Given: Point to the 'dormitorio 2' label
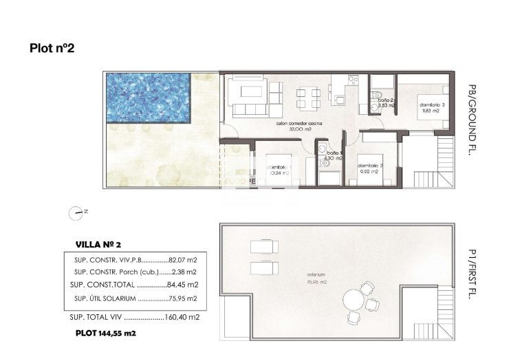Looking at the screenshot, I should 370,165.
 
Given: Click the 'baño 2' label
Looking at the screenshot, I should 385,100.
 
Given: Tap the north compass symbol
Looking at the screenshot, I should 75,213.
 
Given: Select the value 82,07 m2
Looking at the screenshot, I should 184,261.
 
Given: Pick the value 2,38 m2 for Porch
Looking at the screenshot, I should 184,272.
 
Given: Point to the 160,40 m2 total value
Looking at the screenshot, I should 184,318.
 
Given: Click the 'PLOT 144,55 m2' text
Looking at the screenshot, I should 106,333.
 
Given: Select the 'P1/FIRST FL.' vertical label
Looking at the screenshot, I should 471,275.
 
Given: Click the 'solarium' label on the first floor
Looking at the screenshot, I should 316,275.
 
